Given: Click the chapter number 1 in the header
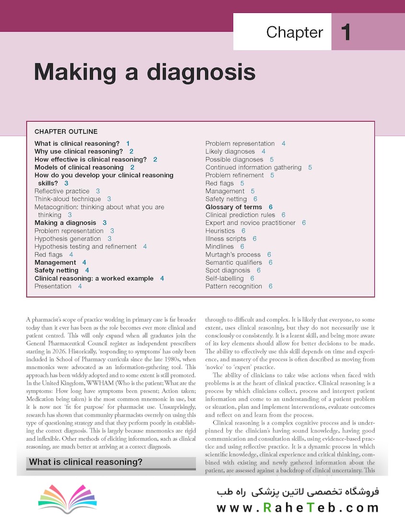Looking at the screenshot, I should point(346,33).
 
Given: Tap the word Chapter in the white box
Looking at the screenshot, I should point(295,33).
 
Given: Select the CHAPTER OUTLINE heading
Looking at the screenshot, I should point(66,132).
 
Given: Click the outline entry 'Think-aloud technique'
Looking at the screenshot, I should point(68,199).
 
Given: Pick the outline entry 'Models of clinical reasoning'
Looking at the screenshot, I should point(79,168).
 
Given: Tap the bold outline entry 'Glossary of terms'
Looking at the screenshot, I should point(234,207).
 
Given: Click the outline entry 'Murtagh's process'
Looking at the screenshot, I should point(233,255).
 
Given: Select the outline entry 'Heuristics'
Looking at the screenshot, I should point(220,231).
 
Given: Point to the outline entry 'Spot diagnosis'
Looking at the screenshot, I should point(228,270).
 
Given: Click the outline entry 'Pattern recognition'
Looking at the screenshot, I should point(234,286).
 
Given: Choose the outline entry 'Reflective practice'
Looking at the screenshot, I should point(62,191).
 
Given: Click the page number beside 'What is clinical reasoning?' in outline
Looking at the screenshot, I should point(128,144).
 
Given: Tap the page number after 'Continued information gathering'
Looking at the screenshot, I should point(310,168).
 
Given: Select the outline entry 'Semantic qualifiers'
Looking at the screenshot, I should point(234,262).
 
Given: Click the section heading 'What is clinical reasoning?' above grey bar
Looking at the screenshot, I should point(86,462).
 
